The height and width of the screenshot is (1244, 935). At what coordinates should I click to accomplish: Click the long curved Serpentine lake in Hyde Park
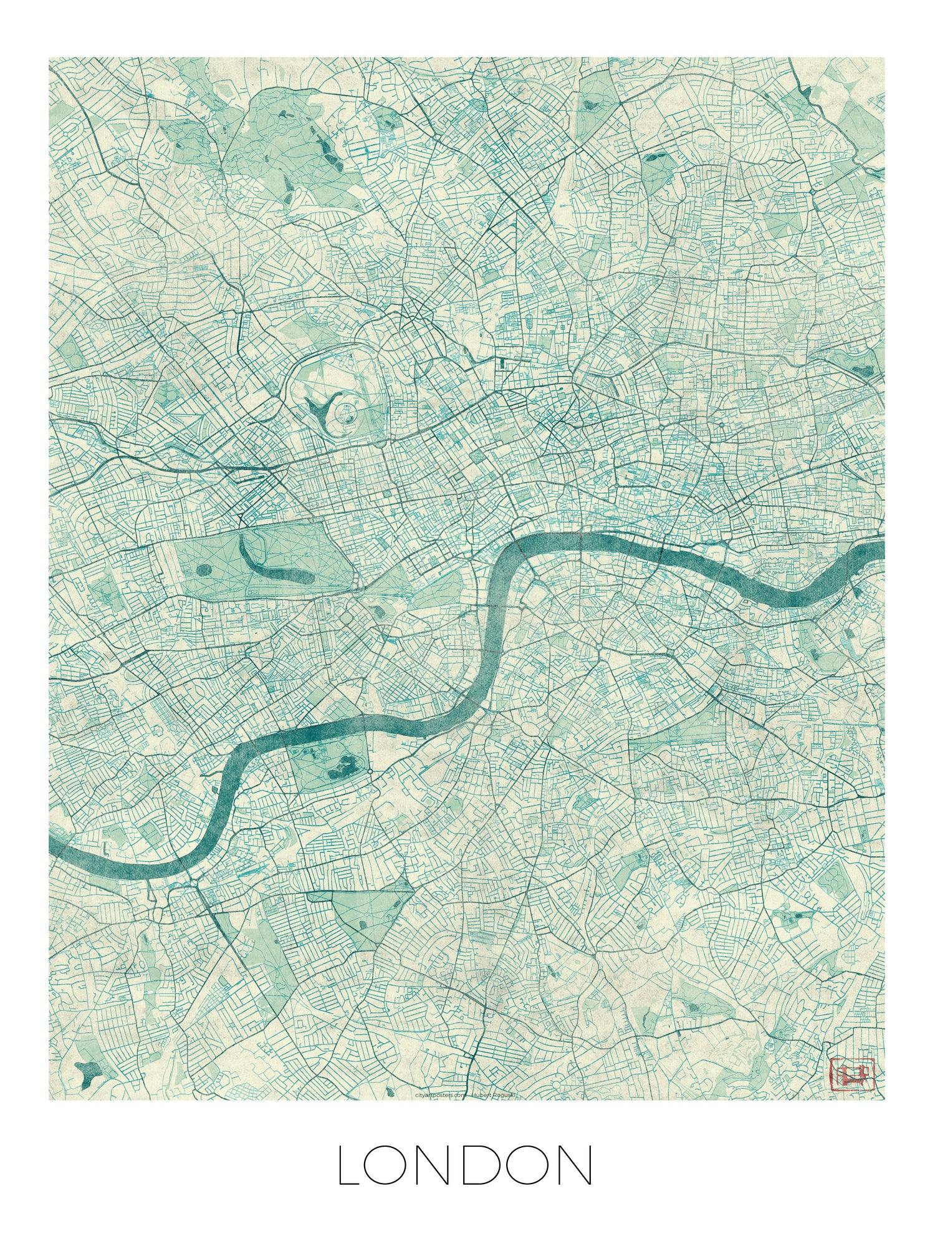(268, 564)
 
